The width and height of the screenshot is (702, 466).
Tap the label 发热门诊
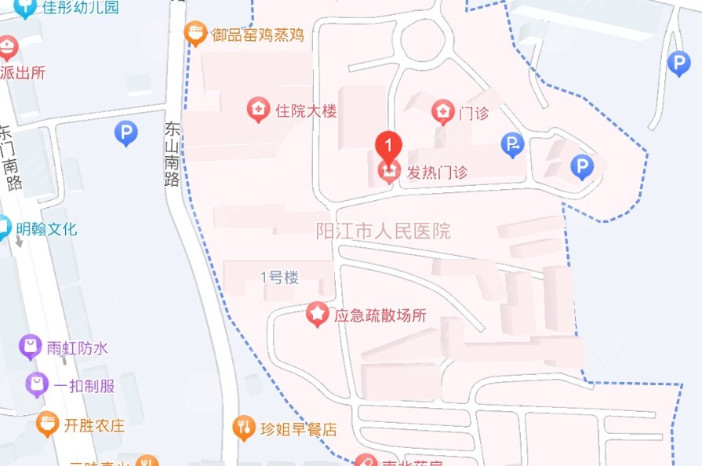[x=436, y=172]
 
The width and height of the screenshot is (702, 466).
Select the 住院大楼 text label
[x=306, y=111]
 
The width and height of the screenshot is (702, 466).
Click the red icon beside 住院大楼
[x=257, y=110]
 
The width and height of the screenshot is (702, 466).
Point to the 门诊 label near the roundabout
[x=474, y=113]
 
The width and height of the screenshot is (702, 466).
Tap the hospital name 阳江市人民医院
[x=383, y=231]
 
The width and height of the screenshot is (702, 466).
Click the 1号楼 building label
[x=280, y=277]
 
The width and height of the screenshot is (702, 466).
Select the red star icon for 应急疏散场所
[x=317, y=315]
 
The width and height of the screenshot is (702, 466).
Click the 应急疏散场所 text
[x=380, y=315]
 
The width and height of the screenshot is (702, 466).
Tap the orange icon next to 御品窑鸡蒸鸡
[x=195, y=33]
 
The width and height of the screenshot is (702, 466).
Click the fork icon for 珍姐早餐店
[x=245, y=428]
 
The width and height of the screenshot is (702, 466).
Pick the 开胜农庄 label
[x=94, y=426]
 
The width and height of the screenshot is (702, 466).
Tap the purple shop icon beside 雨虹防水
[x=31, y=347]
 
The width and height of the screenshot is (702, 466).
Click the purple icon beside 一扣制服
[x=36, y=384]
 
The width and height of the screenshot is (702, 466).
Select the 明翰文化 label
[x=47, y=229]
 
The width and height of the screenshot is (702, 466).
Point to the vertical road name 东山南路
[x=173, y=153]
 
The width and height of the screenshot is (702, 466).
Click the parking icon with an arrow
[x=512, y=143]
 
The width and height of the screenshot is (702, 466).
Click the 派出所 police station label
[x=23, y=72]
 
